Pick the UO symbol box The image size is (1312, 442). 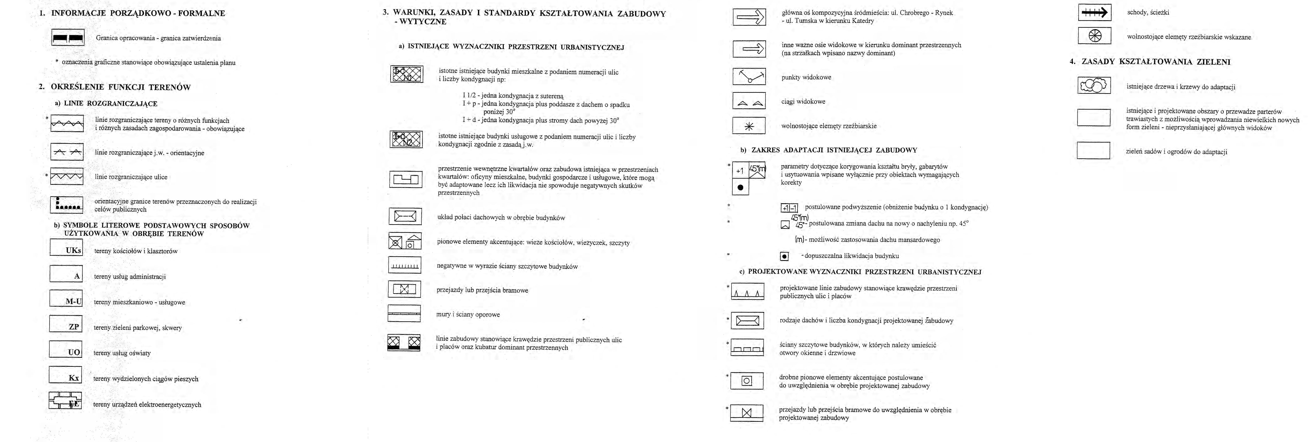coord(66,349)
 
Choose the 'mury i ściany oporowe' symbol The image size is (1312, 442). coord(404,313)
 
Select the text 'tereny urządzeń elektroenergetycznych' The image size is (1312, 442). coord(147,405)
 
